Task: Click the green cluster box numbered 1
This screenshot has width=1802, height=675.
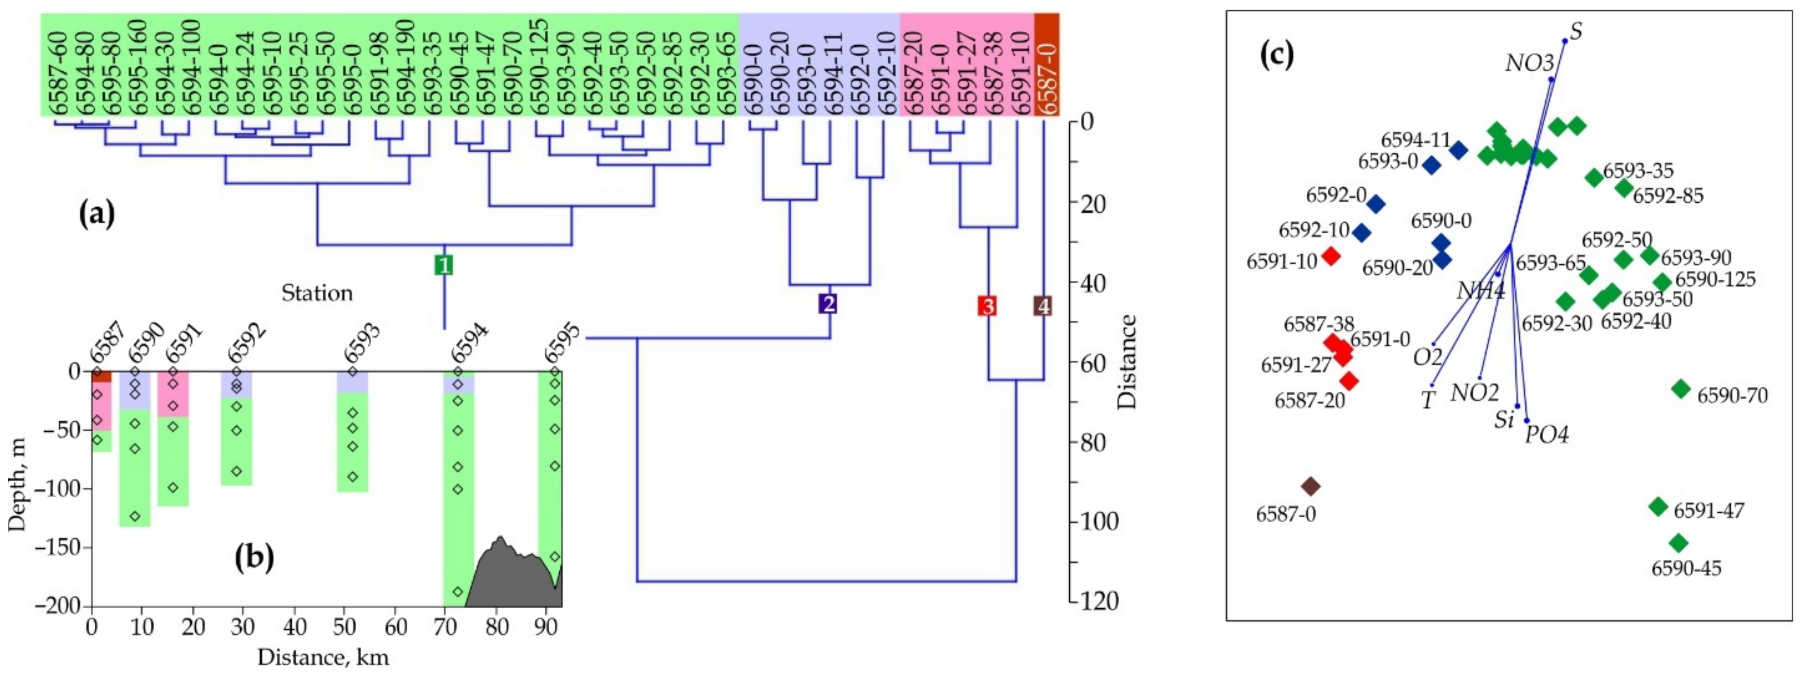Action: (444, 265)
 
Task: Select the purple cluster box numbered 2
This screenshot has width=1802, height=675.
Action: (828, 304)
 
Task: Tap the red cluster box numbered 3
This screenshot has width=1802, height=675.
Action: (987, 305)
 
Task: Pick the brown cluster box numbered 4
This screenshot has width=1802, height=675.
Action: (1042, 305)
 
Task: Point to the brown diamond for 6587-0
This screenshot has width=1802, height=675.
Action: (1310, 486)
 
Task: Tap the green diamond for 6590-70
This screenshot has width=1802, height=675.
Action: (1681, 389)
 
